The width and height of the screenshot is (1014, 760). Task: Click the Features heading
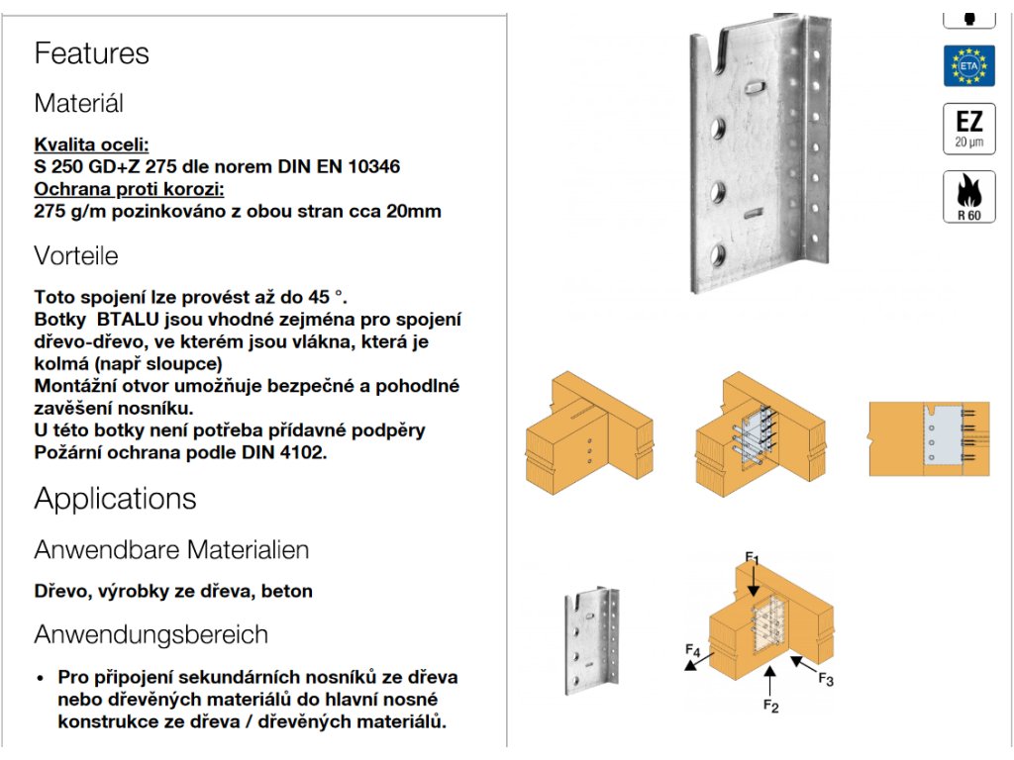click(91, 53)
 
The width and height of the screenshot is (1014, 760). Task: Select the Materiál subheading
click(78, 103)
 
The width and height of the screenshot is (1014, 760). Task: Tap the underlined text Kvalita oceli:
click(91, 144)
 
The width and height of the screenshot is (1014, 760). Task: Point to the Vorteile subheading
click(75, 256)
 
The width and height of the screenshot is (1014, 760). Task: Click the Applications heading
click(115, 499)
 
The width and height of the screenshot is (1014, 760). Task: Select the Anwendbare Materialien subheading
click(171, 549)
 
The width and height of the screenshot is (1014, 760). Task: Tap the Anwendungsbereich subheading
click(151, 634)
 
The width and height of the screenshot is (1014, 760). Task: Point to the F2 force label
click(771, 705)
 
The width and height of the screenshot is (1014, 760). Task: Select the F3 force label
click(826, 679)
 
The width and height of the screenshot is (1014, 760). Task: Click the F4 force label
click(693, 650)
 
